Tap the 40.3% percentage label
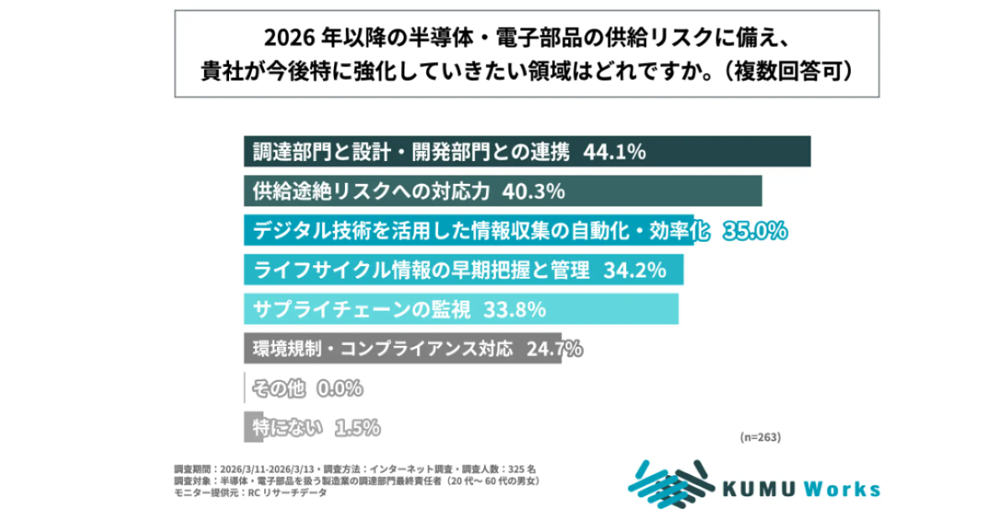pyautogui.click(x=533, y=191)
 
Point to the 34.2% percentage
pyautogui.click(x=634, y=270)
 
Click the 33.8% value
pyautogui.click(x=514, y=310)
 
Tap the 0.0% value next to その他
pyautogui.click(x=339, y=389)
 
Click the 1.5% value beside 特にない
pyautogui.click(x=357, y=428)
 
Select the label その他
pyautogui.click(x=279, y=389)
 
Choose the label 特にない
pyautogui.click(x=288, y=428)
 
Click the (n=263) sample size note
pyautogui.click(x=760, y=437)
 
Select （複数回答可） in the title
pyautogui.click(x=793, y=70)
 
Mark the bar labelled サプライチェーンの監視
pyautogui.click(x=461, y=310)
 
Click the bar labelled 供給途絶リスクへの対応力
pyautogui.click(x=503, y=191)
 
